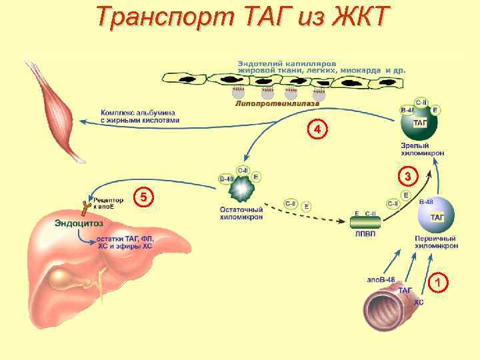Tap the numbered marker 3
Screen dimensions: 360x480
(407, 177)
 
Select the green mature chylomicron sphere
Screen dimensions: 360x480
(419, 124)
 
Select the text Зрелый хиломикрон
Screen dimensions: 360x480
(423, 149)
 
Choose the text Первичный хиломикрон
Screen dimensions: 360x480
(435, 242)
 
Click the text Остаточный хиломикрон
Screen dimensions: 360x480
(241, 213)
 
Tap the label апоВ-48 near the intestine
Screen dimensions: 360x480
(381, 279)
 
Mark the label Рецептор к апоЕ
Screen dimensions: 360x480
(107, 203)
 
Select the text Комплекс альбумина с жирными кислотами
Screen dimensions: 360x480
(140, 116)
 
